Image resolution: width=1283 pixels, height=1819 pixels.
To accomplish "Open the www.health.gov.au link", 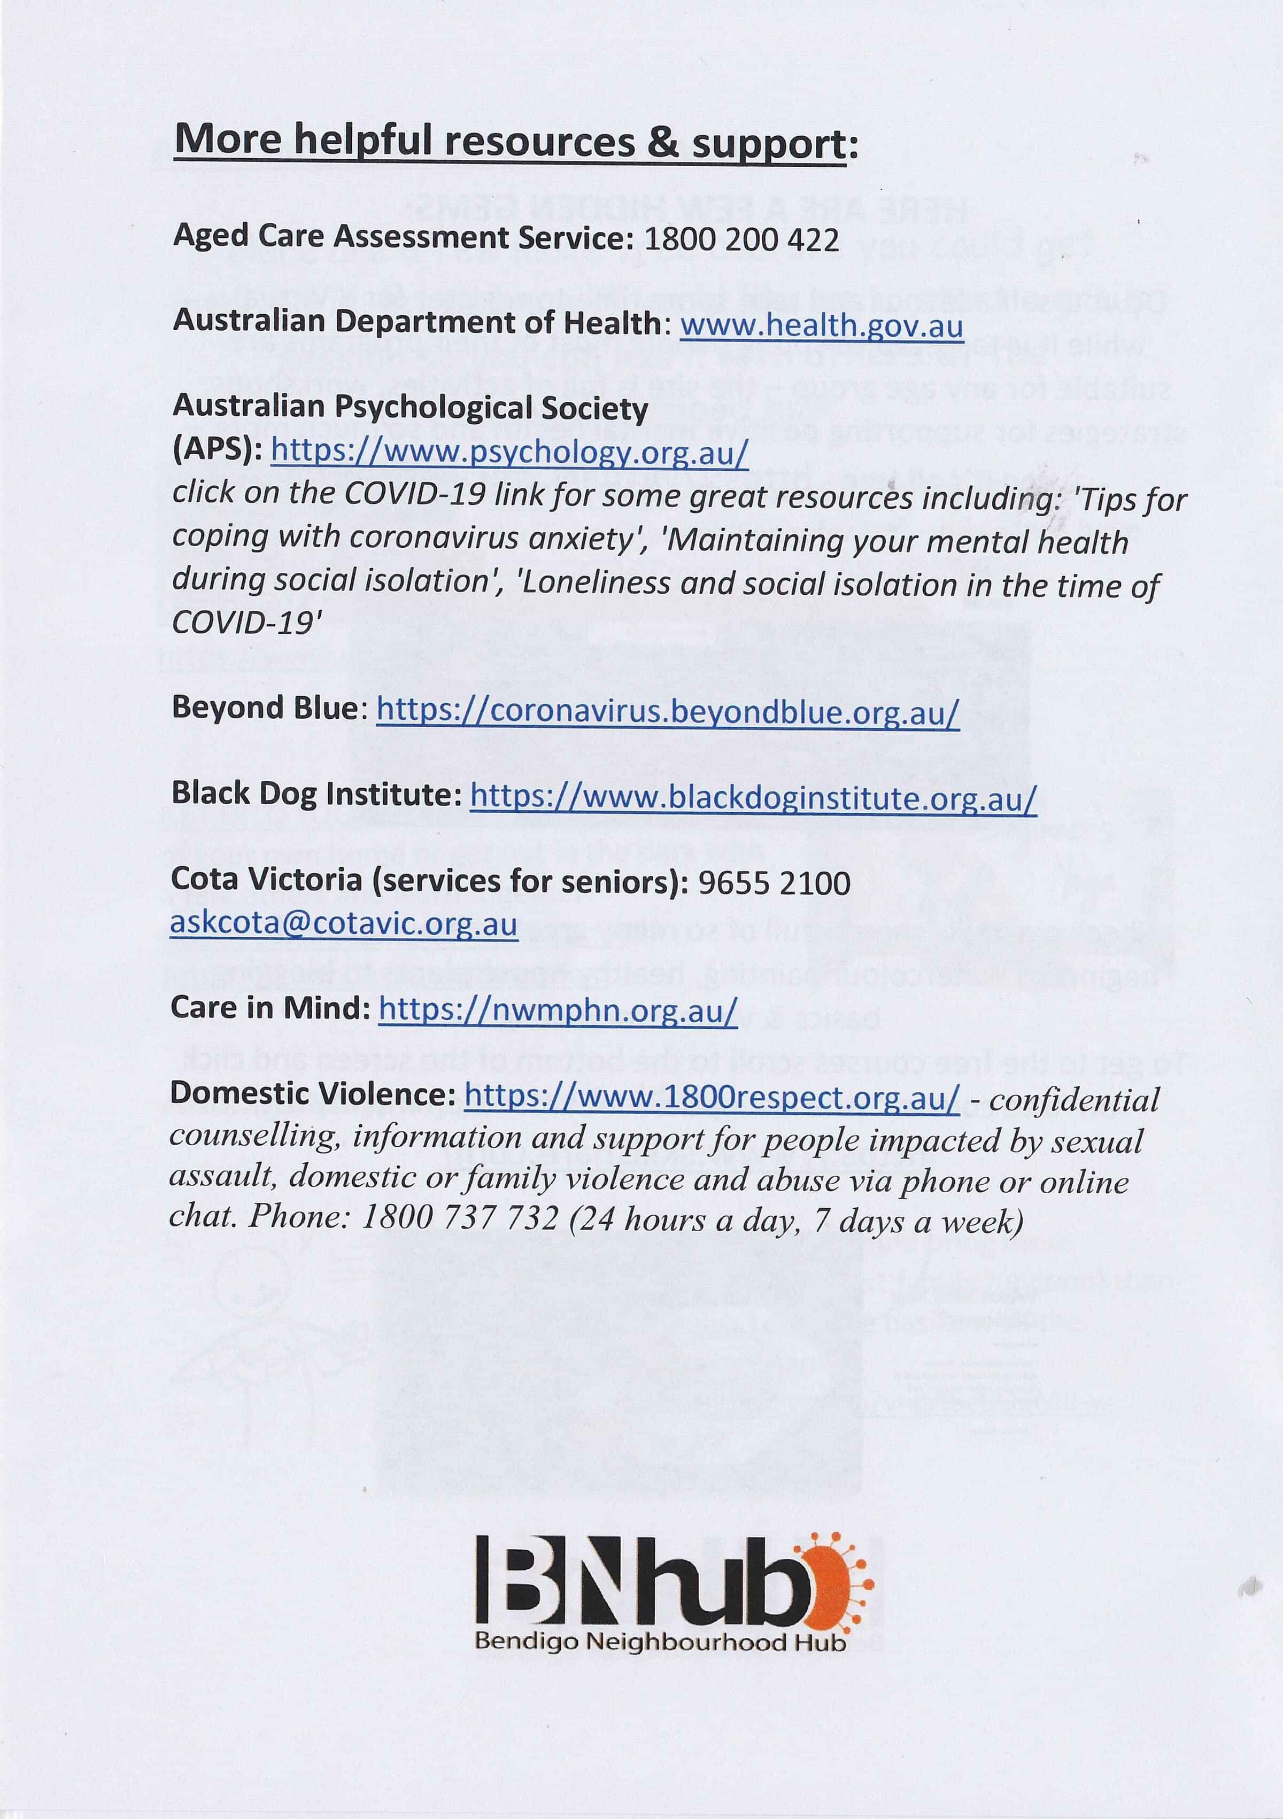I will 821,325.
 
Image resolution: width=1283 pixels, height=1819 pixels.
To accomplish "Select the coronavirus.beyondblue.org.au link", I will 667,711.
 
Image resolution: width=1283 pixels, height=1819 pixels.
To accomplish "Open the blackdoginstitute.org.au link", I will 753,797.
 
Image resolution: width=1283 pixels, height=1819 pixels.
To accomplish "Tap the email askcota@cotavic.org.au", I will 343,924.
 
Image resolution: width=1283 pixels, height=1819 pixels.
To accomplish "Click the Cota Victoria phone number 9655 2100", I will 774,883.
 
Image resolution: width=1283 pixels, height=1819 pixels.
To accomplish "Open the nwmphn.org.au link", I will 558,1010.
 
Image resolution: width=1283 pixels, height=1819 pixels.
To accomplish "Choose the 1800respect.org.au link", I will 712,1097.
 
